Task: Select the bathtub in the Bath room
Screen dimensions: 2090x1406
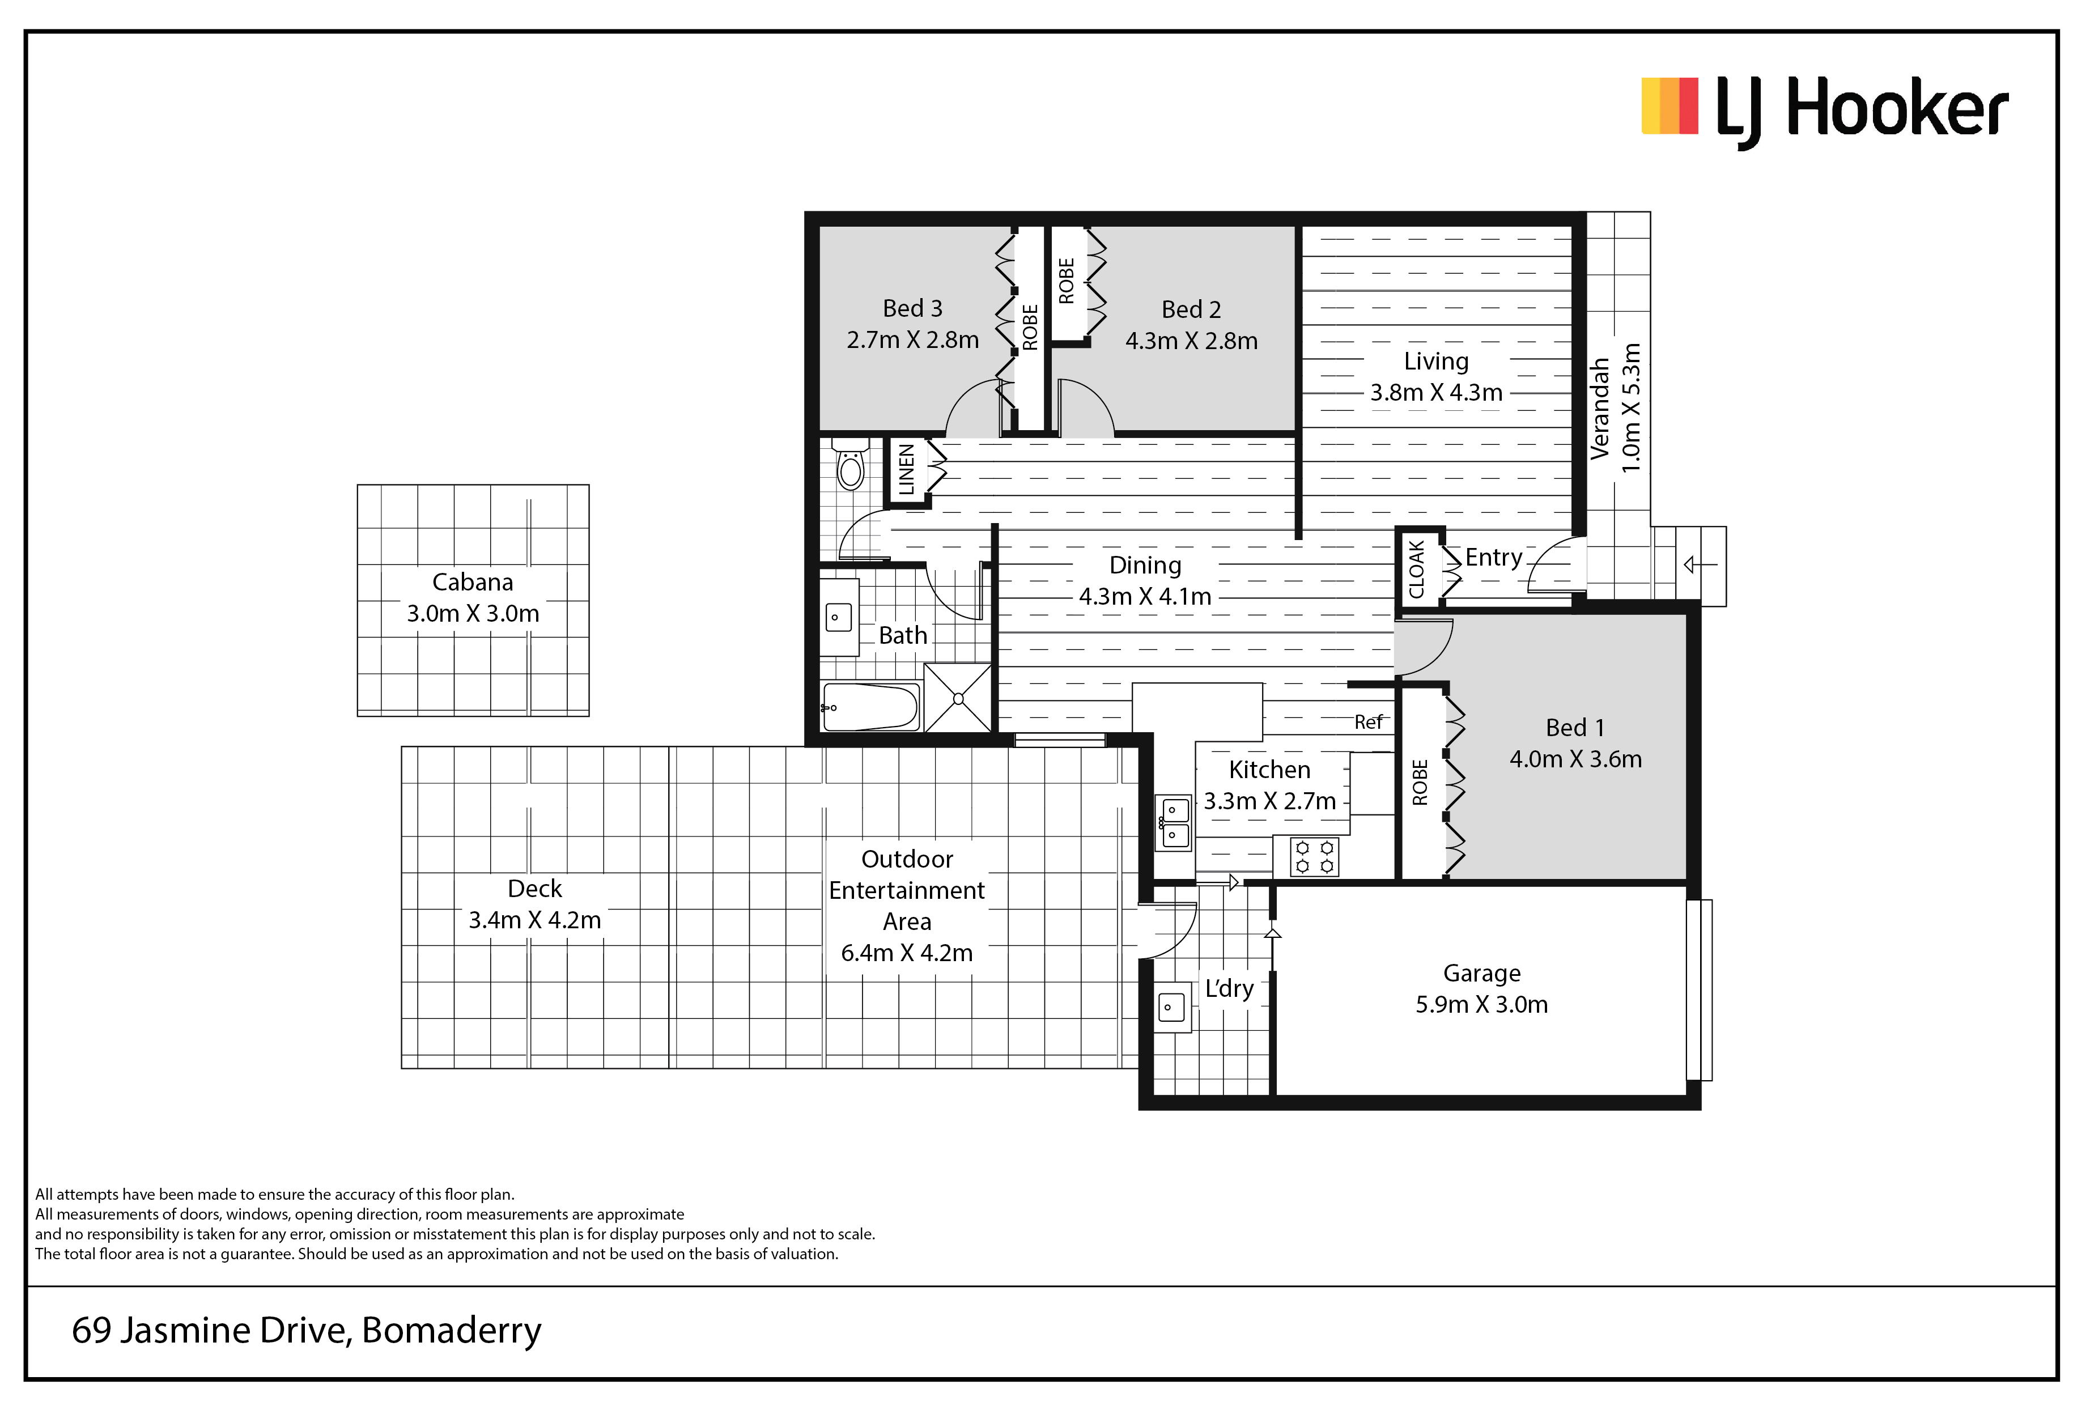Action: pos(870,707)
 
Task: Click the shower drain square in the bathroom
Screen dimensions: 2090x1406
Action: pos(958,698)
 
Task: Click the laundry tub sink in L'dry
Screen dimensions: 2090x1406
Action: pos(1171,1008)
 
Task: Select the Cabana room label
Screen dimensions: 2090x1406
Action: pos(473,583)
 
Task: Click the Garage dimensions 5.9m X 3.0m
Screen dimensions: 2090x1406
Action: pos(1481,1004)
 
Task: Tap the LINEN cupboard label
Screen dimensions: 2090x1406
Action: pos(907,469)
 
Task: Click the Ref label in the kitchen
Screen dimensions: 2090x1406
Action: pos(1368,722)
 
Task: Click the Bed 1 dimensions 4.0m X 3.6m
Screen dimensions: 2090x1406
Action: pos(1575,759)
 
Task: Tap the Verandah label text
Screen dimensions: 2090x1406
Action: pos(1600,409)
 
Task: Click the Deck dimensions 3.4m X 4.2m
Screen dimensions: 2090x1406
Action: pos(534,920)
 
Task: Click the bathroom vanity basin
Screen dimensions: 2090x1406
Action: pos(838,617)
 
